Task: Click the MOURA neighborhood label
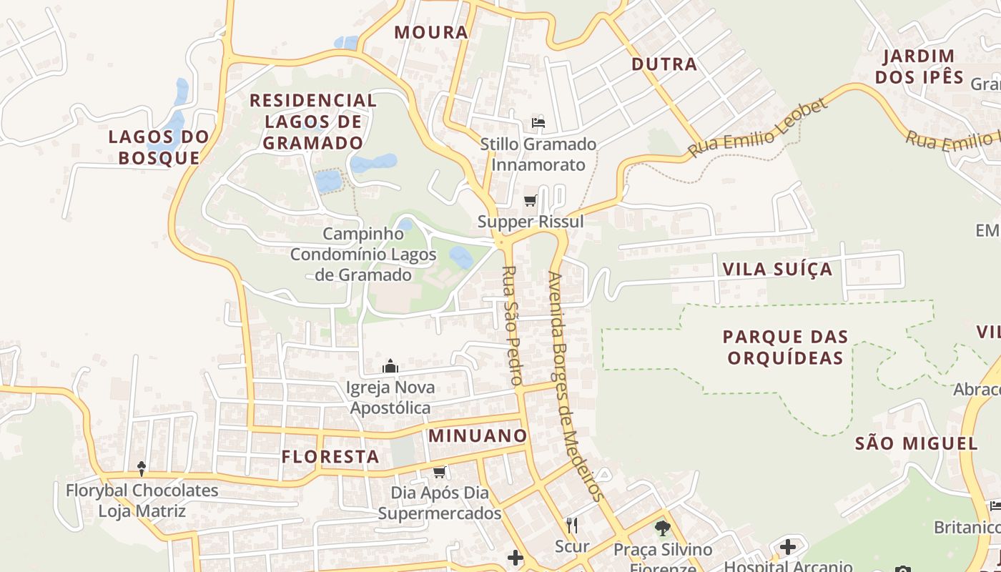click(x=431, y=32)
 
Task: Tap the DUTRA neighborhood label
click(x=664, y=64)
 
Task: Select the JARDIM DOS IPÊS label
click(x=919, y=66)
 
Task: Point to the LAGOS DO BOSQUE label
click(x=159, y=147)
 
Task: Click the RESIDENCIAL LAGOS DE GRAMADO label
click(x=313, y=122)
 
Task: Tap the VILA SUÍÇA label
click(x=778, y=270)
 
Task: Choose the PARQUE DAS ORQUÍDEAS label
click(x=785, y=347)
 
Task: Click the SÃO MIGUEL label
click(x=917, y=443)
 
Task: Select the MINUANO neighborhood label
click(x=478, y=435)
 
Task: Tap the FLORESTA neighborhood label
click(x=330, y=457)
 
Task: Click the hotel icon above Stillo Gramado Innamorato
click(x=538, y=123)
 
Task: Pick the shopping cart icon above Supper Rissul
click(x=530, y=201)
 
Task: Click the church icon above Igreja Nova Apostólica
click(x=390, y=367)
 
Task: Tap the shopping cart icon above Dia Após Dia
click(x=440, y=472)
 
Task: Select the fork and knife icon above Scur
click(x=571, y=526)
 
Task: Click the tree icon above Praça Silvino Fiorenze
click(x=663, y=529)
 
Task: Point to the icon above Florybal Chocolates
click(x=142, y=469)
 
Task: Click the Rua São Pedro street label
click(x=511, y=325)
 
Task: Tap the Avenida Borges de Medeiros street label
click(x=576, y=386)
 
